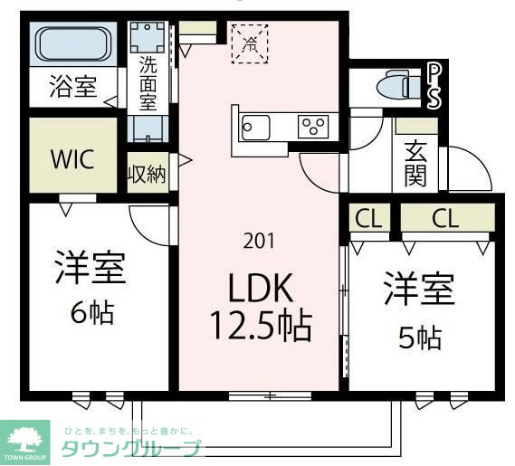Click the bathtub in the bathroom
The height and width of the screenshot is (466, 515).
(x=73, y=44)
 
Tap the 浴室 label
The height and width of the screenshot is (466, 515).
(x=73, y=89)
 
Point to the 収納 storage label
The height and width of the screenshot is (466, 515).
(x=148, y=175)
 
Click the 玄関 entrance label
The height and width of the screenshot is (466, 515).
(x=415, y=164)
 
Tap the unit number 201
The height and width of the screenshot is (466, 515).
(x=259, y=241)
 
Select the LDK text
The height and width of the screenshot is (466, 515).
(x=259, y=290)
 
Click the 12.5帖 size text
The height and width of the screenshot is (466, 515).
(x=260, y=323)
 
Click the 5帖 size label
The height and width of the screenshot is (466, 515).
(x=420, y=338)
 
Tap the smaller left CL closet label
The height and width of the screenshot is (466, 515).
(x=367, y=218)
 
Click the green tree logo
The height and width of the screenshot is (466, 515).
(x=27, y=438)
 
